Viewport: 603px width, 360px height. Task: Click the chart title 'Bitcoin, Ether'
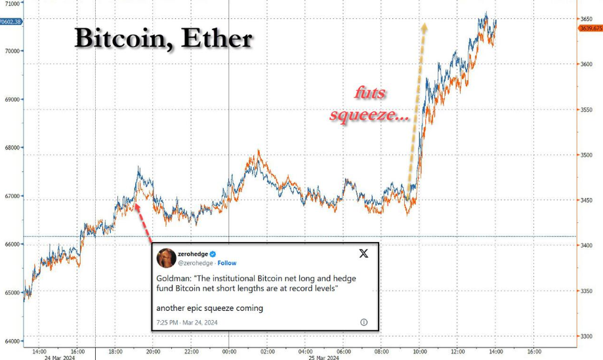coord(163,39)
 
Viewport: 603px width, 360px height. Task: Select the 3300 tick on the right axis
coord(586,336)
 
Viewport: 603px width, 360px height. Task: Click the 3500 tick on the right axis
coord(586,155)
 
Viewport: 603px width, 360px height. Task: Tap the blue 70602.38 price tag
coord(12,22)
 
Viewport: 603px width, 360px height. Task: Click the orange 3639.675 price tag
coord(590,28)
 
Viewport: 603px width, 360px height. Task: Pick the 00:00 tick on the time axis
coord(228,351)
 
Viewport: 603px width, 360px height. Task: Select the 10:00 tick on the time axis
coord(419,351)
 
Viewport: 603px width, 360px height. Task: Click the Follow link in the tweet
coord(227,263)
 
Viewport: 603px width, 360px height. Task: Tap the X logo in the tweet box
coord(363,253)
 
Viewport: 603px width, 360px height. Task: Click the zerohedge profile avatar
coord(167,258)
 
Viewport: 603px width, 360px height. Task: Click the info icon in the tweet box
coord(364,322)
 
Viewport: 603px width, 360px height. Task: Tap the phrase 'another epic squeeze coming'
coord(209,308)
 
